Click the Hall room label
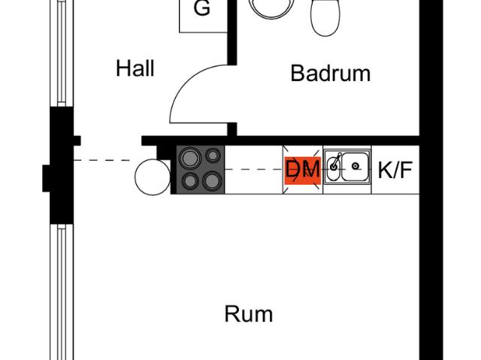pos(135,68)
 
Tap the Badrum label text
pos(331,73)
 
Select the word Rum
pos(249,313)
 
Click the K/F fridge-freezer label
pos(395,170)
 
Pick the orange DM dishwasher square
pos(303,170)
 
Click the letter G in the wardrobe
pos(202,8)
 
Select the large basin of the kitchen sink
pos(355,167)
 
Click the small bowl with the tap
pos(333,168)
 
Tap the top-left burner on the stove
pos(190,159)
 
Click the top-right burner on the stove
pos(213,155)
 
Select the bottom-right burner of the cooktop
pos(212,181)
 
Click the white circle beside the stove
pos(153,177)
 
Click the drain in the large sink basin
pos(355,166)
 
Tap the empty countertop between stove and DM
pos(254,170)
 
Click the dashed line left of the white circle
pos(102,160)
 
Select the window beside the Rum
pos(62,292)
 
